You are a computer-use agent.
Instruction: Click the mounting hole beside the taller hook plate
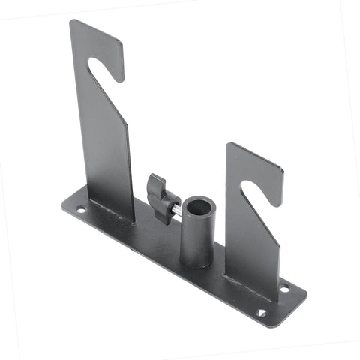pos(80,210)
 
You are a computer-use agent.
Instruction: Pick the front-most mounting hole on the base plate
pos(261,312)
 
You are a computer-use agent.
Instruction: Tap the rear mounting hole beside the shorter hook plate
pos(284,287)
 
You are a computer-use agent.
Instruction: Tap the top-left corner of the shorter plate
pos(227,144)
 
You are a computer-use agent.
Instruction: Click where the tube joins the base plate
pos(196,265)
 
